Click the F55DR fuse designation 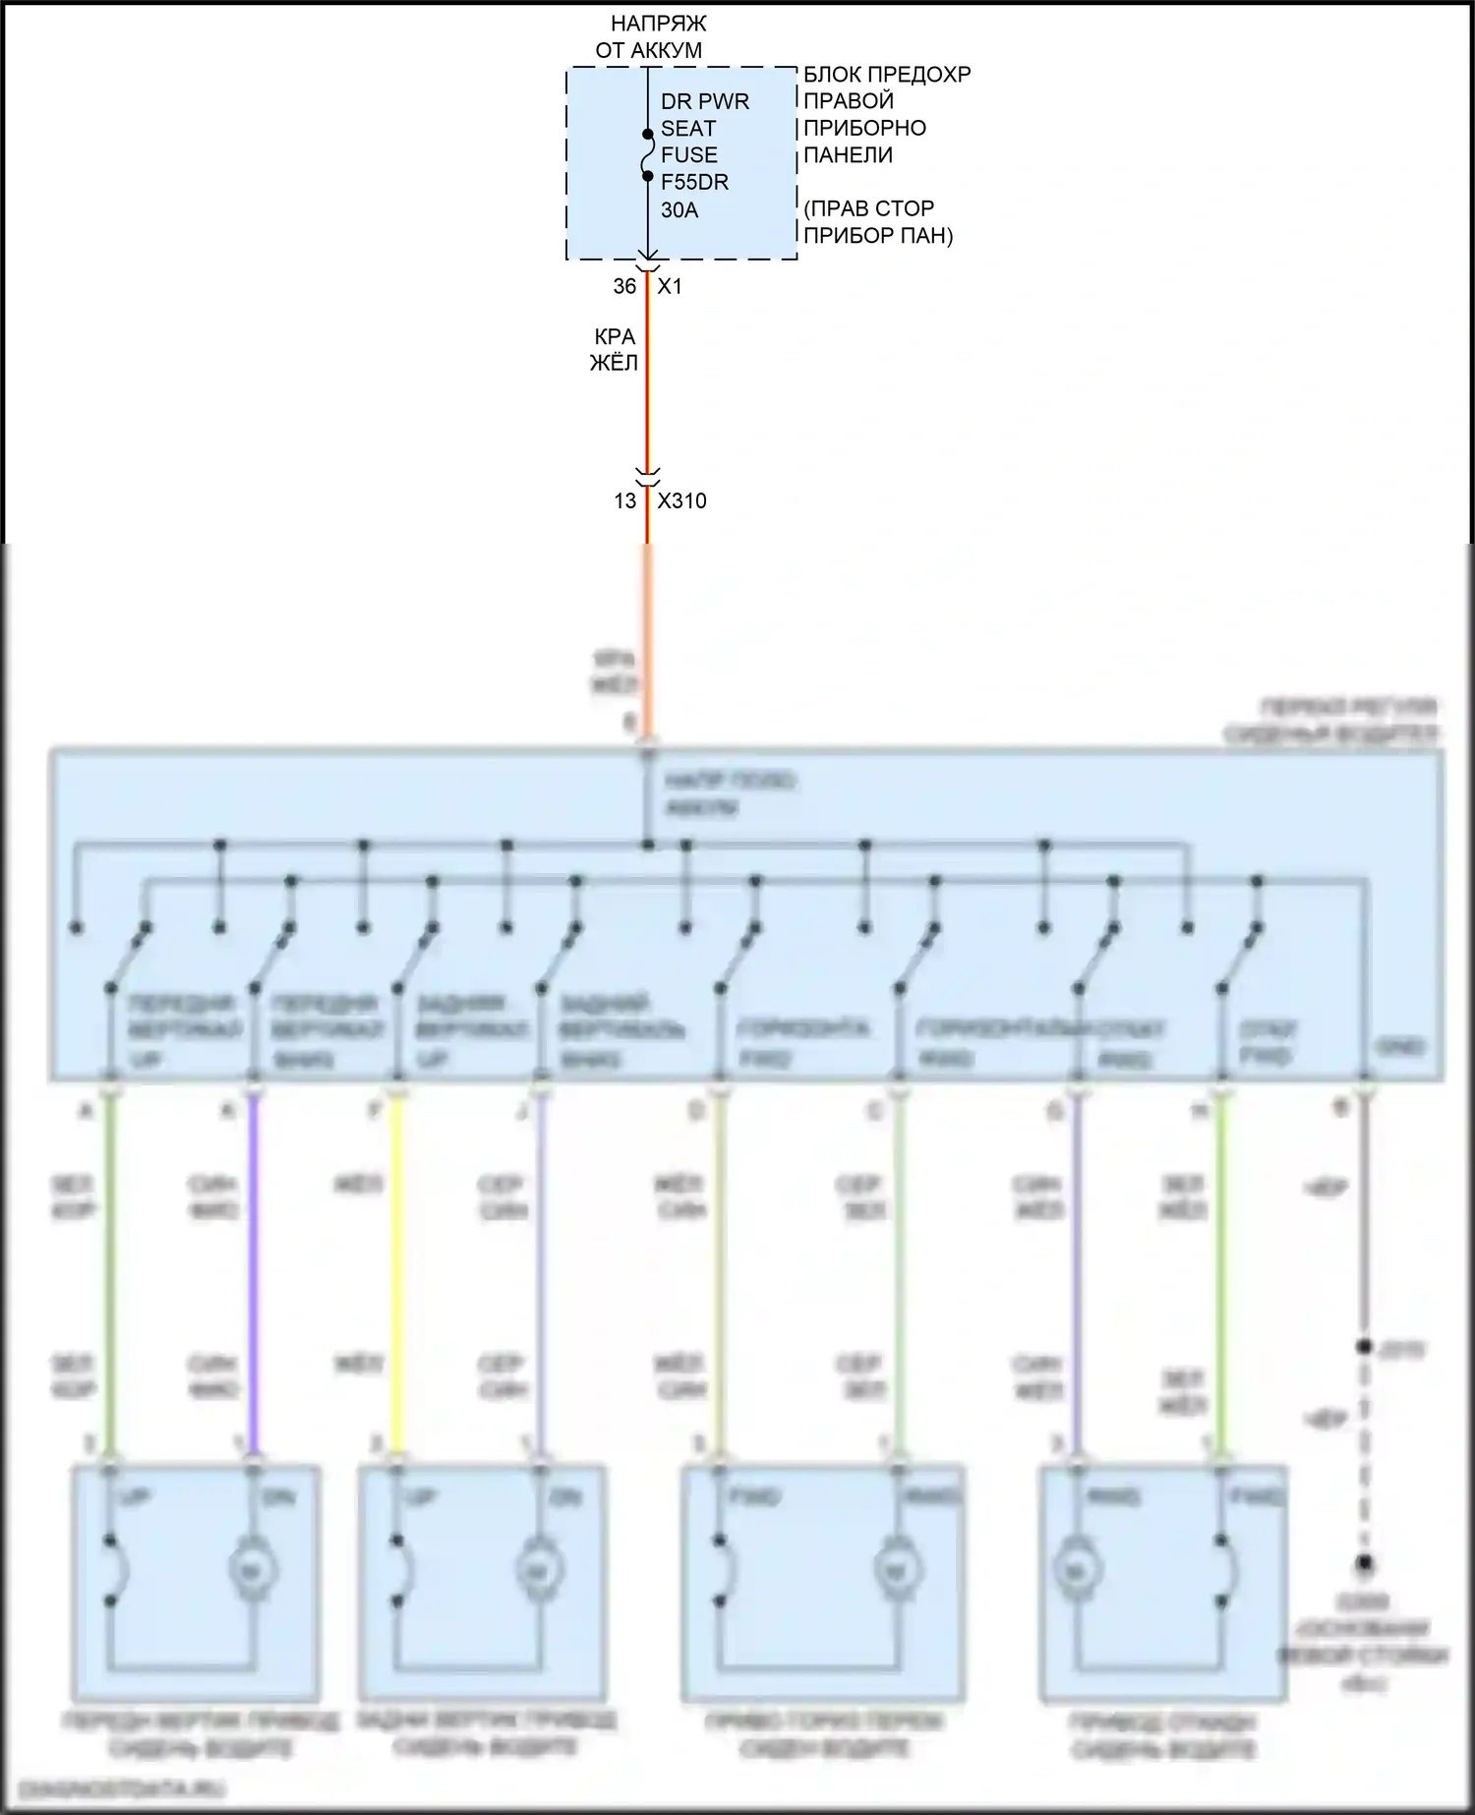tap(694, 182)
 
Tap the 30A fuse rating tap(679, 209)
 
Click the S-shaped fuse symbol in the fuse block tap(647, 155)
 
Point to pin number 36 tap(624, 286)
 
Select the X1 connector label tap(670, 286)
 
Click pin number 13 tap(624, 500)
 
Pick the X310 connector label tap(681, 500)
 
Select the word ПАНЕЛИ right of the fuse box tap(848, 154)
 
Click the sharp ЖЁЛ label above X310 tap(614, 363)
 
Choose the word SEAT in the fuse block tap(687, 129)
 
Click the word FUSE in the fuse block tap(688, 155)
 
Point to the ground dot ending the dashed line tap(1364, 1563)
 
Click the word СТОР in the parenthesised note tap(905, 209)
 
